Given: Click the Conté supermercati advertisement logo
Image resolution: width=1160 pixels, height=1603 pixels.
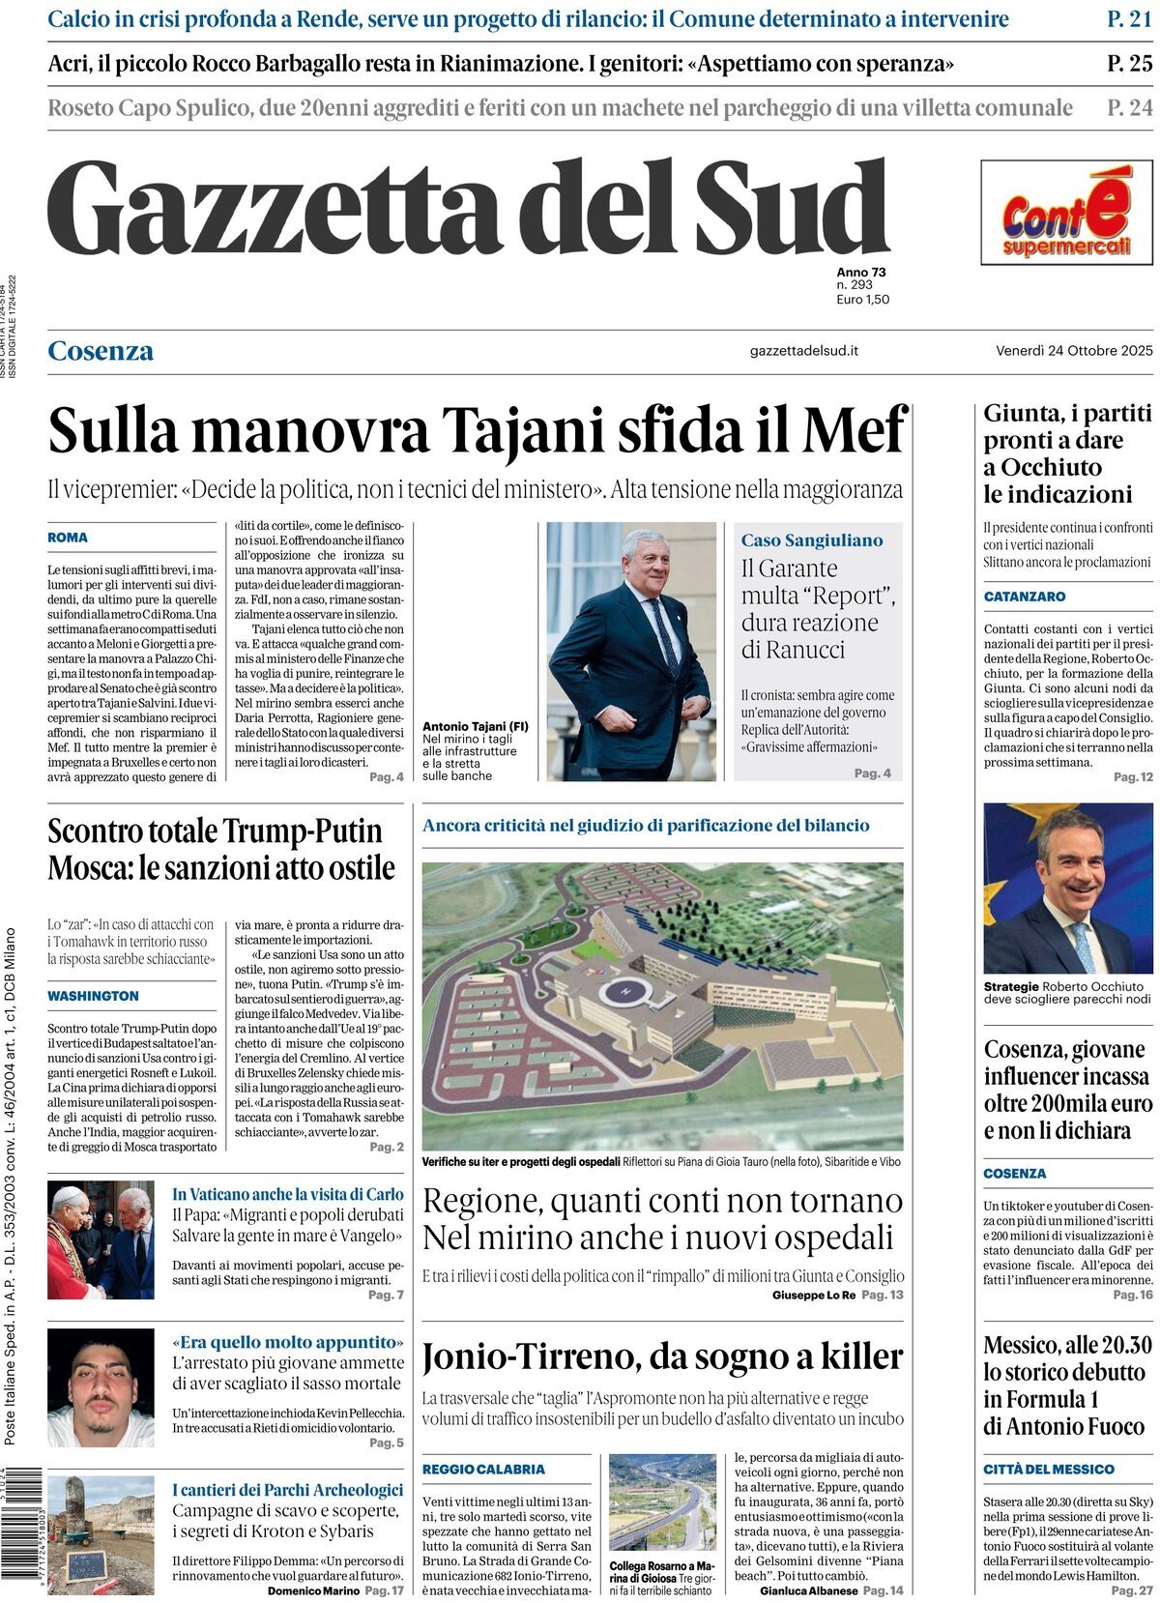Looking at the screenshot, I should click(x=1066, y=213).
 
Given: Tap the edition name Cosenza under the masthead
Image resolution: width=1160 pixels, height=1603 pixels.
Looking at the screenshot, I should click(x=101, y=351).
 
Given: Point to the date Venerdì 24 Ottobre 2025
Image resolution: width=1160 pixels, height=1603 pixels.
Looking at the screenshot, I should click(x=1074, y=351).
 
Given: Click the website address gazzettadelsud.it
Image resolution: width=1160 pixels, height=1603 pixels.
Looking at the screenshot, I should click(x=803, y=351).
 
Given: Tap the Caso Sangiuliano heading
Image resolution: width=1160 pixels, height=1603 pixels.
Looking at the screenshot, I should click(x=811, y=540).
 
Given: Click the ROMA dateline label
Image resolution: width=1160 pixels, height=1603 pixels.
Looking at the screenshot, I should click(x=68, y=538).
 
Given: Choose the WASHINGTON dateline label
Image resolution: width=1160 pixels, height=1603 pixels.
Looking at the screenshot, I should click(x=93, y=996).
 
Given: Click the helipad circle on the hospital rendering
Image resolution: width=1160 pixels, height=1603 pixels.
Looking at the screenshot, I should click(x=623, y=990).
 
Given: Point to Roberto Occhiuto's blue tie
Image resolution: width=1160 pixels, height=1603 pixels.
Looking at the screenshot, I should click(x=1082, y=947).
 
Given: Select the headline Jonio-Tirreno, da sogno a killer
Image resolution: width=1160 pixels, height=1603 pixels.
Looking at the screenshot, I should click(x=662, y=1357).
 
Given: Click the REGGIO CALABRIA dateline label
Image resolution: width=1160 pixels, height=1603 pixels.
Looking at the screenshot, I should click(x=483, y=1470).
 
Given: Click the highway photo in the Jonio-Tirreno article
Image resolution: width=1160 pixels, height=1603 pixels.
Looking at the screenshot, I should click(x=662, y=1503).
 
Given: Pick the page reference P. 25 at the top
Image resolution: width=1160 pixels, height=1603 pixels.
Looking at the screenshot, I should click(x=1129, y=64).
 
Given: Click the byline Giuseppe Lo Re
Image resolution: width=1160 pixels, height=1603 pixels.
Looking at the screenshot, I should click(x=813, y=1295).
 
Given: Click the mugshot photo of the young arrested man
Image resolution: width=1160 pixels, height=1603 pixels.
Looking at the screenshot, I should click(x=101, y=1386).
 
